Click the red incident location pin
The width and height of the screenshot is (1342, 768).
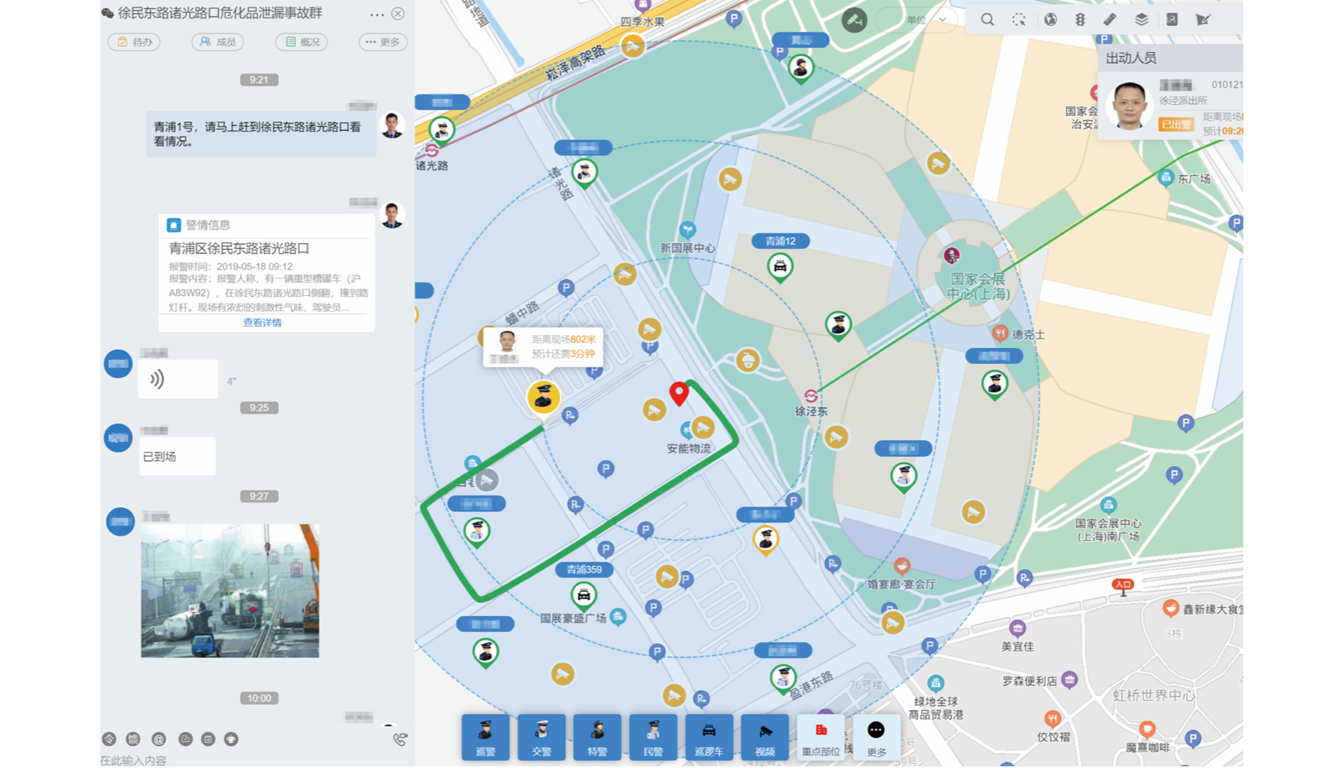click(x=679, y=392)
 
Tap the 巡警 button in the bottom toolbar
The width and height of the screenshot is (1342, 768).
click(x=486, y=737)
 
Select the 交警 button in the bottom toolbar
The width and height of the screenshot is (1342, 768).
click(x=542, y=737)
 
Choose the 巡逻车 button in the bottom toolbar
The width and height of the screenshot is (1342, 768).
click(x=709, y=737)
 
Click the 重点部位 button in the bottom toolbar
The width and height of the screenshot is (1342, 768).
click(x=820, y=737)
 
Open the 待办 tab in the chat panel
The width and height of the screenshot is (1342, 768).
click(x=134, y=42)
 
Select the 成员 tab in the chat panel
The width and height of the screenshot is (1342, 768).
click(x=217, y=42)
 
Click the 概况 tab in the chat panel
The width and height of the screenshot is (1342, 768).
click(x=301, y=42)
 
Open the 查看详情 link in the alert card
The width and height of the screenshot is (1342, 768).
click(x=263, y=323)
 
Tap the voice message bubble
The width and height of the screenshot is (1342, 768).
click(x=178, y=379)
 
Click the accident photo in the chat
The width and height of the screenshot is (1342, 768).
click(x=230, y=591)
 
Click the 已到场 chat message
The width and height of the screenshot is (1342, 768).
click(x=177, y=457)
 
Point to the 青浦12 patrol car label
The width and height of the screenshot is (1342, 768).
click(x=780, y=241)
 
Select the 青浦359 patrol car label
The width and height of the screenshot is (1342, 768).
click(x=584, y=569)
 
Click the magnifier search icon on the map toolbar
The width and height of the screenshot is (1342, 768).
click(x=987, y=19)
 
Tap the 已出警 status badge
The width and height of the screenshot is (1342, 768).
click(x=1176, y=124)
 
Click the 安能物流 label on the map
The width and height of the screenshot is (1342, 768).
click(x=689, y=449)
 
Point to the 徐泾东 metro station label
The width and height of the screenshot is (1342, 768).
click(x=811, y=411)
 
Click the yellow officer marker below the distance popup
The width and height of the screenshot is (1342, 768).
click(x=544, y=397)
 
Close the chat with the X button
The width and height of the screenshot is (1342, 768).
click(x=398, y=13)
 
